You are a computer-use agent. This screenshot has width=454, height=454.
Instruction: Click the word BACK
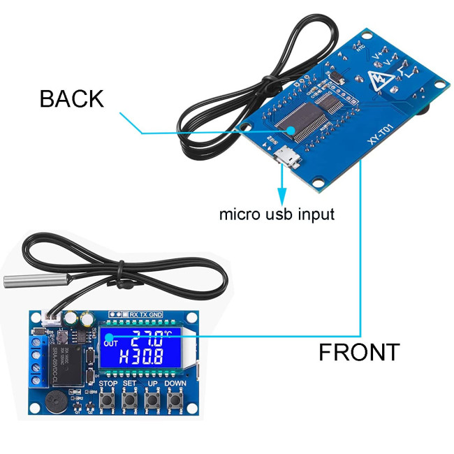click(x=71, y=98)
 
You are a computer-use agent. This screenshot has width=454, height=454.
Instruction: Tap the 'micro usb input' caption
click(x=277, y=214)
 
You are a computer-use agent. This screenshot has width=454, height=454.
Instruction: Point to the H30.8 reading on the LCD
click(x=141, y=358)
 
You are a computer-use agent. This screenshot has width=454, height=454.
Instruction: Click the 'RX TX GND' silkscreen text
click(x=146, y=314)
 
